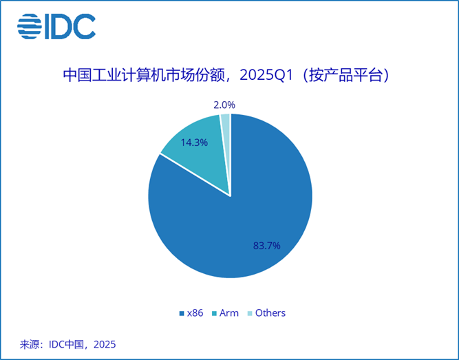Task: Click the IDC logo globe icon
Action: [30, 26]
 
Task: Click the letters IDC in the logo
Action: [70, 26]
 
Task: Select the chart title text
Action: [226, 76]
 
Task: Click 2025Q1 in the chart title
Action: [266, 76]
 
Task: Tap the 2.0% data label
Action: [224, 105]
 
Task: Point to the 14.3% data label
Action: [194, 142]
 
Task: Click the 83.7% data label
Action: [267, 246]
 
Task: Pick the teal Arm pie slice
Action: [202, 152]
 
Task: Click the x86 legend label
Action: [195, 313]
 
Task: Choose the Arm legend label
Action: [229, 313]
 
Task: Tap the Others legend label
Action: [270, 313]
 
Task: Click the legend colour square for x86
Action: [182, 314]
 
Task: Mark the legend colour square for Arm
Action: [214, 314]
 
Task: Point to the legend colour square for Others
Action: [250, 314]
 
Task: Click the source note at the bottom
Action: [67, 344]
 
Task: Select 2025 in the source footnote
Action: [105, 344]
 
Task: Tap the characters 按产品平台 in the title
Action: [346, 76]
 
